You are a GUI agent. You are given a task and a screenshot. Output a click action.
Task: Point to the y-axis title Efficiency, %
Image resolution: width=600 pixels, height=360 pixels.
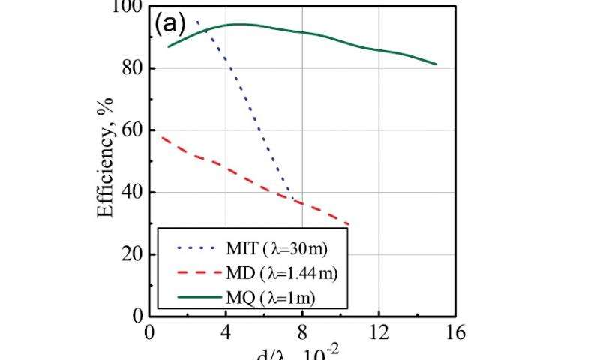pos(106,159)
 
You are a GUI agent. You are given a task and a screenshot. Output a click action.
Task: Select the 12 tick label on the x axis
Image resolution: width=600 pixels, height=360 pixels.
pos(379,332)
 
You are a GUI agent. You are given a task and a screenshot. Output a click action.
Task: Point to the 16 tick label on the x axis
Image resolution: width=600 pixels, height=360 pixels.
pos(454,332)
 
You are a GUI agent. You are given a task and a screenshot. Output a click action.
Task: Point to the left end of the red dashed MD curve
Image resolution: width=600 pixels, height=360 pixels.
pos(162,136)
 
